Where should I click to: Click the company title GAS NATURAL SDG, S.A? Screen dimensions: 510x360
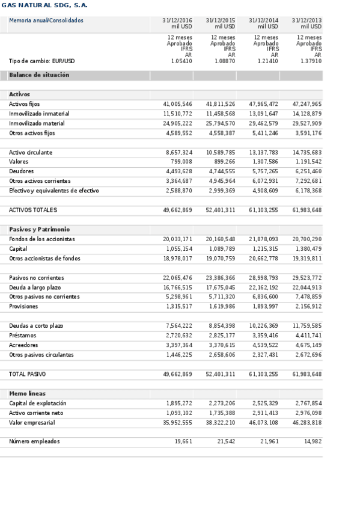pyautogui.click(x=44, y=5)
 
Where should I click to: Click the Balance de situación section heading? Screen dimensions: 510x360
pyautogui.click(x=39, y=75)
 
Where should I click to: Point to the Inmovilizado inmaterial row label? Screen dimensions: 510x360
pyautogui.click(x=39, y=114)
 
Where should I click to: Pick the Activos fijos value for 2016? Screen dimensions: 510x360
pyautogui.click(x=178, y=104)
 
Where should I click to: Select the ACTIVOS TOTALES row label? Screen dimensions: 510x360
pyautogui.click(x=33, y=210)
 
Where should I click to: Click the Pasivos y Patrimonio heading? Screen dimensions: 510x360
pyautogui.click(x=39, y=229)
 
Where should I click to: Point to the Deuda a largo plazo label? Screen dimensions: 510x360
pyautogui.click(x=35, y=287)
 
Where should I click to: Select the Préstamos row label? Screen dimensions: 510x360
pyautogui.click(x=23, y=336)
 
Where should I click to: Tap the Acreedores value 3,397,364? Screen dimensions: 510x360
pyautogui.click(x=179, y=345)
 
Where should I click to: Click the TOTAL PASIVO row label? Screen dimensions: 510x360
pyautogui.click(x=28, y=374)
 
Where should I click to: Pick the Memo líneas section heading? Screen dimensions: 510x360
pyautogui.click(x=28, y=393)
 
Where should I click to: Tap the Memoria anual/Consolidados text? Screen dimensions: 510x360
pyautogui.click(x=46, y=20)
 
